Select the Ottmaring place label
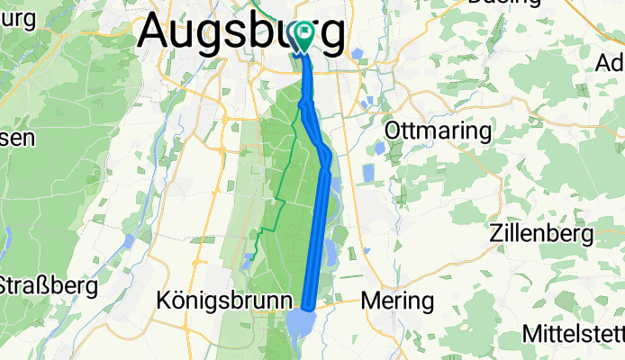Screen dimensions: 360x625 pyautogui.click(x=439, y=131)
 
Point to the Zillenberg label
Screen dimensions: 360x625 pyautogui.click(x=541, y=235)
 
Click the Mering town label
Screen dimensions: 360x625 pyautogui.click(x=397, y=300)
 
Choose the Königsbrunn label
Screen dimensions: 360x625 pyautogui.click(x=224, y=300)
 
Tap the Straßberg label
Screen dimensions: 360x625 pyautogui.click(x=47, y=286)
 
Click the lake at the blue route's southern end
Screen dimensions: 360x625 pyautogui.click(x=300, y=322)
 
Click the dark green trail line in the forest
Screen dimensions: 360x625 pyautogui.click(x=281, y=193)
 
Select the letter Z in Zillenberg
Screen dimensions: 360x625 pyautogui.click(x=495, y=235)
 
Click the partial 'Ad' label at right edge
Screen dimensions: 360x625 pyautogui.click(x=610, y=63)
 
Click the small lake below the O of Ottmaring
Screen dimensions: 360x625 pyautogui.click(x=379, y=148)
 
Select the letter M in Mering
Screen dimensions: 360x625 pyautogui.click(x=370, y=300)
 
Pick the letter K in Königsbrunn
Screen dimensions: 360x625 pyautogui.click(x=164, y=300)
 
